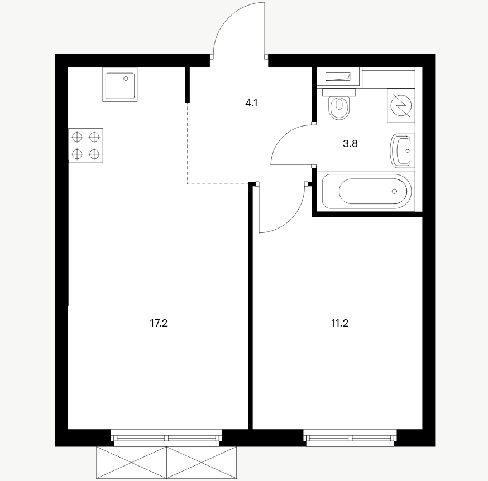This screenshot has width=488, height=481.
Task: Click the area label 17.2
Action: tap(159, 323)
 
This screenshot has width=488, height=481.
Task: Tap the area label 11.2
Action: tap(339, 323)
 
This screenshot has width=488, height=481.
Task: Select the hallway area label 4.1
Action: tap(251, 103)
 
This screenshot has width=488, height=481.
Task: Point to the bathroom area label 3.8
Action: tap(350, 144)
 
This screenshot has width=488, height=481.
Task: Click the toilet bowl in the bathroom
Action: tap(339, 108)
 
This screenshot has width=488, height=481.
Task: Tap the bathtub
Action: tap(367, 191)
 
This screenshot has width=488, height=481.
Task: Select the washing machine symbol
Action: tap(401, 106)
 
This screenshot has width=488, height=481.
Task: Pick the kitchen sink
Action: tap(120, 85)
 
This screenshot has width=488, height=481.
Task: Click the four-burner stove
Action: tap(85, 145)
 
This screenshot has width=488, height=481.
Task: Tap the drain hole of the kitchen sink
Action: tap(126, 79)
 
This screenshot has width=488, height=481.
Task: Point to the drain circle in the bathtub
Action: tap(394, 191)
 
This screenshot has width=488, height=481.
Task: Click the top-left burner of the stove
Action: tap(77, 137)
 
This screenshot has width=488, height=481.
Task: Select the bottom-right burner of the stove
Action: tap(94, 154)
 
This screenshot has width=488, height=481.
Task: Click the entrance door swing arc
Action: tap(229, 18)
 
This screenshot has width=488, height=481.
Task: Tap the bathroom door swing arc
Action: tap(283, 136)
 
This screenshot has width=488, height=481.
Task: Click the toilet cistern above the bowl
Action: tap(339, 93)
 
